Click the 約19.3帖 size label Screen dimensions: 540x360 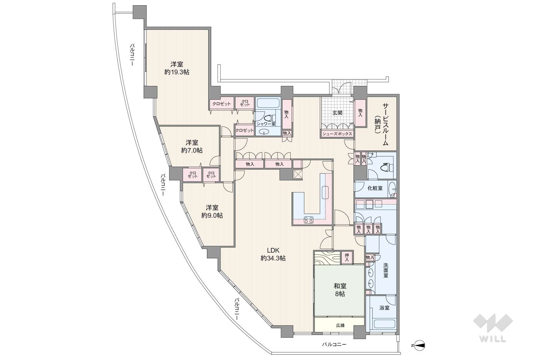pyautogui.click(x=177, y=72)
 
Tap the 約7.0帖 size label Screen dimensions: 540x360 pyautogui.click(x=192, y=151)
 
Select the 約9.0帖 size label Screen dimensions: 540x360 pyautogui.click(x=212, y=215)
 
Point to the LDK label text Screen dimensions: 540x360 pyautogui.click(x=273, y=250)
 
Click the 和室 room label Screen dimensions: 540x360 pyautogui.click(x=340, y=286)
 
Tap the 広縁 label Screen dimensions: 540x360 pyautogui.click(x=340, y=325)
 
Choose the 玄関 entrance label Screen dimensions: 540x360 pyautogui.click(x=337, y=113)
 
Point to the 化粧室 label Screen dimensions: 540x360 pyautogui.click(x=375, y=188)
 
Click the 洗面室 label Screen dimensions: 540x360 pyautogui.click(x=386, y=270)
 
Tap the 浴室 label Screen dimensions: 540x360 pyautogui.click(x=384, y=308)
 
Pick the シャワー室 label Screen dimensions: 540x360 pyautogui.click(x=266, y=124)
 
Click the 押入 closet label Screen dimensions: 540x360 pyautogui.click(x=347, y=257)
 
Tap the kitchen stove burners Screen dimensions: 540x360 pyautogui.click(x=309, y=219)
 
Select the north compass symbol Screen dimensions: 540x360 pyautogui.click(x=419, y=345)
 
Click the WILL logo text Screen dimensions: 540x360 pyautogui.click(x=493, y=339)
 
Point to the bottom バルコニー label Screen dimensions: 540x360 pyautogui.click(x=334, y=345)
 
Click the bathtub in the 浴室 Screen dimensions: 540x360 pyautogui.click(x=384, y=324)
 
